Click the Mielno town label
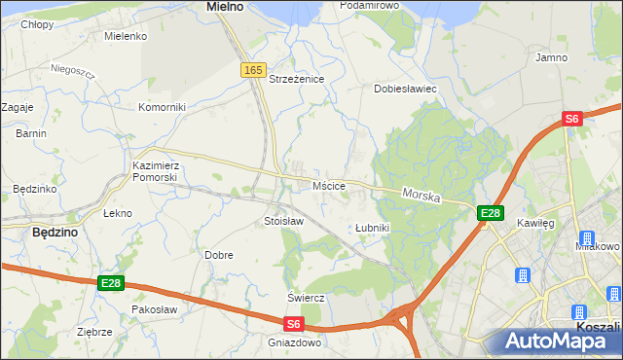[x=224, y=7]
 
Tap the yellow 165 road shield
[x=253, y=70]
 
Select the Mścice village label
[x=329, y=185]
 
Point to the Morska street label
[x=421, y=196]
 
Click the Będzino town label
[x=55, y=234]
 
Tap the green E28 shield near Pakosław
[x=111, y=283]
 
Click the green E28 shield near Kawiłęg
[x=490, y=213]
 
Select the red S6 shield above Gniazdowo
[x=294, y=324]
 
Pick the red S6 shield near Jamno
[x=571, y=119]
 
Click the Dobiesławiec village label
[x=405, y=89]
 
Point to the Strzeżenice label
[x=296, y=79]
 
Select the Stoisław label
[x=284, y=222]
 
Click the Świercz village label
[x=305, y=297]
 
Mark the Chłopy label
[x=37, y=24]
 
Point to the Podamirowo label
[x=370, y=6]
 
